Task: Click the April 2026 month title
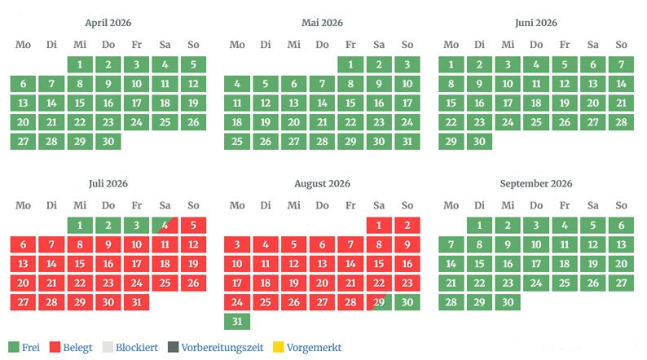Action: (x=108, y=23)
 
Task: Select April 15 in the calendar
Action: (x=80, y=103)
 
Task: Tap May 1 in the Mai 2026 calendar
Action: (x=350, y=64)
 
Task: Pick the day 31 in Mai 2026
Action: (x=407, y=142)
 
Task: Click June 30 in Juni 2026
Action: (x=479, y=142)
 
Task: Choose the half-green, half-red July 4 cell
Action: (x=165, y=225)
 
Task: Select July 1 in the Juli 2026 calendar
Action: (x=80, y=225)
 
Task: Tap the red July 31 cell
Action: (x=136, y=302)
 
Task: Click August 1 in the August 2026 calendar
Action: (x=379, y=225)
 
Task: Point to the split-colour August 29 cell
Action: (x=379, y=302)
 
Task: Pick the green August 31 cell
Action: (x=237, y=322)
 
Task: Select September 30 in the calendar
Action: (x=508, y=302)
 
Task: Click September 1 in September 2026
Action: (x=479, y=225)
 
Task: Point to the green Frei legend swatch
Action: (x=12, y=347)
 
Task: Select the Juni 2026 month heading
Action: (x=536, y=23)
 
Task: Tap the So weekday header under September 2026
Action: (x=621, y=205)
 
